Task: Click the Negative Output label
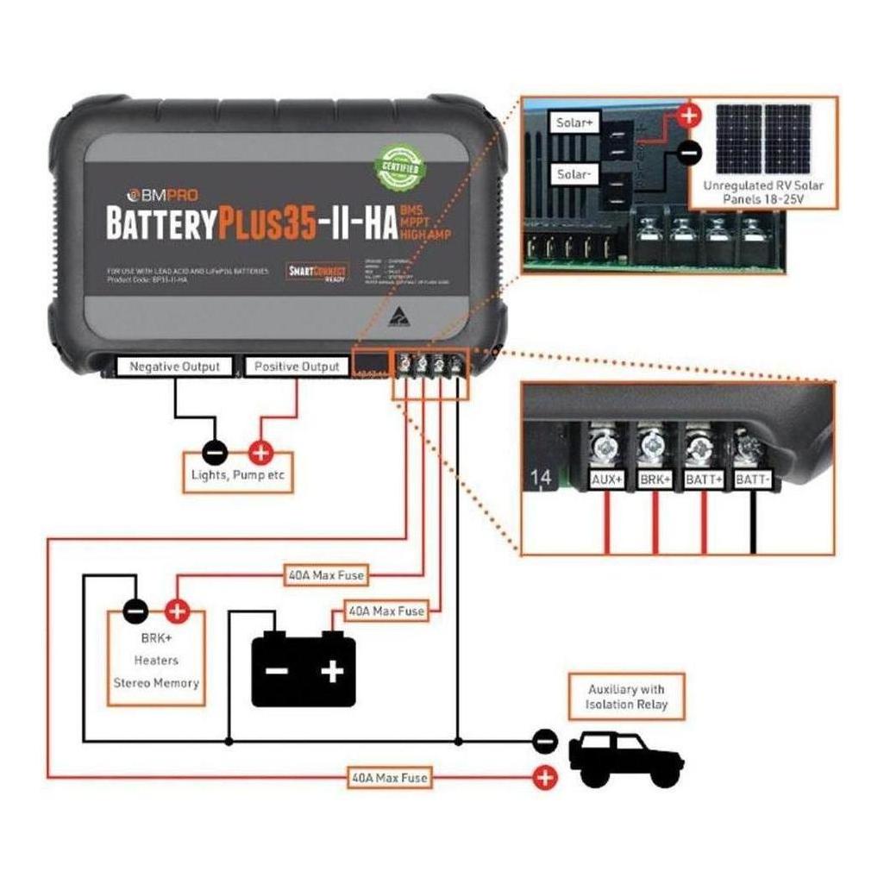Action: [x=174, y=367]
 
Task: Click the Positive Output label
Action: [x=297, y=367]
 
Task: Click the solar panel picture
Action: [x=764, y=139]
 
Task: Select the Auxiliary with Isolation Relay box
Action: [x=626, y=697]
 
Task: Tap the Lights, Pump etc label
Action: [x=237, y=475]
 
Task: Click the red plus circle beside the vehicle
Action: [x=545, y=777]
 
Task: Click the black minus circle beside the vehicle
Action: [x=545, y=740]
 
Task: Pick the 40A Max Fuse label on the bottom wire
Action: [x=389, y=777]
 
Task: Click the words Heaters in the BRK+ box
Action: [x=157, y=660]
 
